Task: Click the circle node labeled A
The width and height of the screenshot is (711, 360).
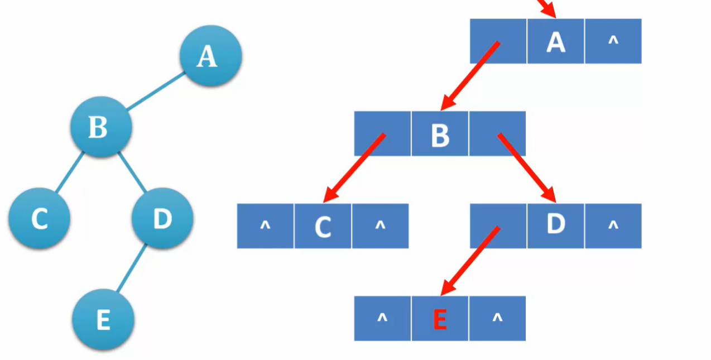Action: (x=210, y=56)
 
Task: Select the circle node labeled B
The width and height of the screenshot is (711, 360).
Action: (x=100, y=127)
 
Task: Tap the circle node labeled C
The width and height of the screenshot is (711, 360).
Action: (x=39, y=218)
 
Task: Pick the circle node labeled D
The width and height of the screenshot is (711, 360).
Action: (x=162, y=218)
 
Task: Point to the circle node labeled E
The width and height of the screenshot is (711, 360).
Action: (x=103, y=320)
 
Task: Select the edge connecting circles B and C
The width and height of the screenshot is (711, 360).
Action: (x=69, y=173)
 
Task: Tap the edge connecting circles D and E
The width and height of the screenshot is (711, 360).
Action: (x=132, y=268)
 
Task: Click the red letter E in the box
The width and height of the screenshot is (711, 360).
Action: (x=440, y=319)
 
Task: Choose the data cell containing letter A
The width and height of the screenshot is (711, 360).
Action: (x=556, y=42)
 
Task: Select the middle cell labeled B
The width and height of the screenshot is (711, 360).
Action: (x=440, y=135)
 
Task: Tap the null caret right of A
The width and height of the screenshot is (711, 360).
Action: (x=613, y=40)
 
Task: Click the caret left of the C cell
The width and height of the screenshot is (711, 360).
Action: (x=265, y=225)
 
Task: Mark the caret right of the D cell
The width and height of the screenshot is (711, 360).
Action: (x=613, y=225)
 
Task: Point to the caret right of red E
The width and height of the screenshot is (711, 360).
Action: (x=497, y=318)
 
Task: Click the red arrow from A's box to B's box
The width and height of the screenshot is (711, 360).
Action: (x=470, y=76)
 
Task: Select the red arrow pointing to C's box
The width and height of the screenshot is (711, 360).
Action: (x=354, y=167)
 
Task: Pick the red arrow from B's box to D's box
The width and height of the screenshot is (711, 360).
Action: (x=527, y=167)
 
